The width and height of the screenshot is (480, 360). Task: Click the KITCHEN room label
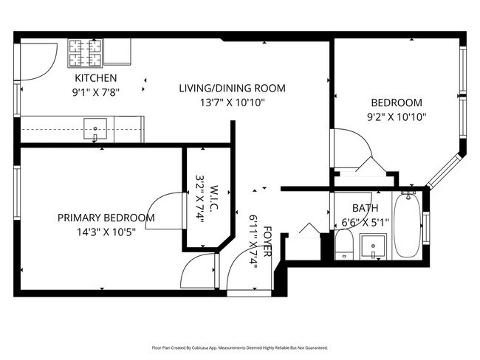point(95,78)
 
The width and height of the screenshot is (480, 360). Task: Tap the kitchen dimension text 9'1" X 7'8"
point(95,92)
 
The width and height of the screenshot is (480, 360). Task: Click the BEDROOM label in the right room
point(396,103)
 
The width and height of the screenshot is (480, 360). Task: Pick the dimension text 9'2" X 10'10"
point(396,117)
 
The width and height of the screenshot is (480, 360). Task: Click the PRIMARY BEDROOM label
point(106,218)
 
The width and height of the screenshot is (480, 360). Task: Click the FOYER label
point(267,241)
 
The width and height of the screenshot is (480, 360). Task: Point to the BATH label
point(365,208)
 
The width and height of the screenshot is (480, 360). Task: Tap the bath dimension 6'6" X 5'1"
point(365,222)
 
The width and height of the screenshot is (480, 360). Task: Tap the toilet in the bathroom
point(344,243)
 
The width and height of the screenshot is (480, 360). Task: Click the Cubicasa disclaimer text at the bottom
point(240,347)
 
